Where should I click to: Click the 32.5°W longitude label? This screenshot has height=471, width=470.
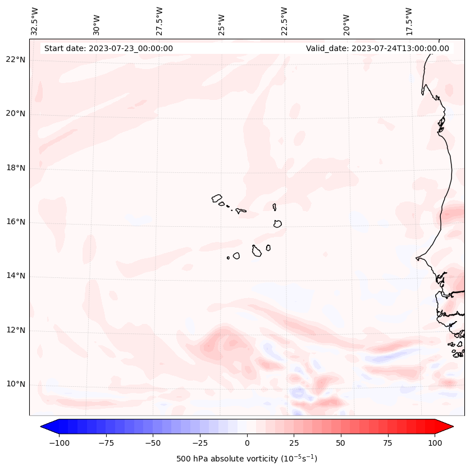pos(35,21)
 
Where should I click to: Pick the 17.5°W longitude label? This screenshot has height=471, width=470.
pos(409,21)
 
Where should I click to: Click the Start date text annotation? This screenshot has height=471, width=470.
pos(108,48)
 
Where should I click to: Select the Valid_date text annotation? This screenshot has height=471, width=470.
pos(377,48)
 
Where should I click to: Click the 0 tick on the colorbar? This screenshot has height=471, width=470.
pos(247,443)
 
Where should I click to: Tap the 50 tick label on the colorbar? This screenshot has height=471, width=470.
pos(341,443)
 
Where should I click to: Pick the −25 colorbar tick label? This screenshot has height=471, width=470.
pos(199,443)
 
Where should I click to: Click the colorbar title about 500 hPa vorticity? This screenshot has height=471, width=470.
pos(247,459)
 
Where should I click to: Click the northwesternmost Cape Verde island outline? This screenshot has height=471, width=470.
pos(217,198)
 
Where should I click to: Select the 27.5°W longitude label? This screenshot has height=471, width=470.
pos(159,21)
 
